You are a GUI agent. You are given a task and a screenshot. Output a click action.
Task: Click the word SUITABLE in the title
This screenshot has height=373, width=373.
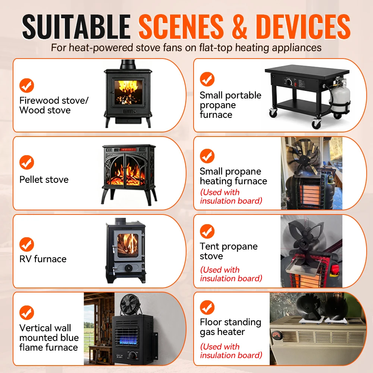(76, 26)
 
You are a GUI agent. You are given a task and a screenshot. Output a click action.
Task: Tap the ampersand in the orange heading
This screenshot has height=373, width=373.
(239, 26)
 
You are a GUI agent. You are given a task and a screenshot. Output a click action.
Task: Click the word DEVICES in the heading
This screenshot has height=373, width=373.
(303, 26)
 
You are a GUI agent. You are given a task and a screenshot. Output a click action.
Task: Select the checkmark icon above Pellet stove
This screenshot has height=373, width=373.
(26, 162)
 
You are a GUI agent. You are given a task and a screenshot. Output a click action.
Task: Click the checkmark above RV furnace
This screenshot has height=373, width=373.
(26, 244)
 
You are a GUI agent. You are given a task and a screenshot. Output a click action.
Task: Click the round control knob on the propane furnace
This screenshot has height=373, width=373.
(289, 82)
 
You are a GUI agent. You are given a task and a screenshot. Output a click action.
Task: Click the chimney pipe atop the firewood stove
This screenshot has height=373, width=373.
(128, 64)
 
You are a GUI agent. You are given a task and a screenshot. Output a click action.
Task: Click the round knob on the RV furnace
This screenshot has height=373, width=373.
(128, 268)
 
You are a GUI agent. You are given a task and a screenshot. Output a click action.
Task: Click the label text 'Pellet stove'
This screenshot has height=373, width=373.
(44, 180)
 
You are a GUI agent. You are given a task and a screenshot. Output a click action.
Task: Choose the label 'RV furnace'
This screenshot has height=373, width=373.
(43, 259)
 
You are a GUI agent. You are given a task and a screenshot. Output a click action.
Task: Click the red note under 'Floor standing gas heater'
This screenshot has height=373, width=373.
(231, 351)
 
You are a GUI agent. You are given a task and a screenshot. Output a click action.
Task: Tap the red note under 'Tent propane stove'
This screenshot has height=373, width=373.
(231, 274)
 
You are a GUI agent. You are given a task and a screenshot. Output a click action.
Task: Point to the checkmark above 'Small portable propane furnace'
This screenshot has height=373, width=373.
(207, 79)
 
